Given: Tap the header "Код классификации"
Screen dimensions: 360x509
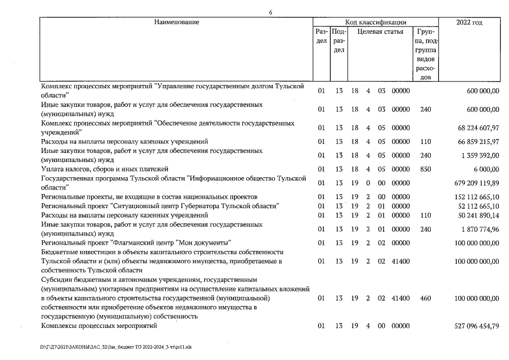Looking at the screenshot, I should [376, 22].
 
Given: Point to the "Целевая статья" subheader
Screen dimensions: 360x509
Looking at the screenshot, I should [380, 32].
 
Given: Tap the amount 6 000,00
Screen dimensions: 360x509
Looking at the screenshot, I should [483, 169].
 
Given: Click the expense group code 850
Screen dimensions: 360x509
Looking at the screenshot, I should [426, 169].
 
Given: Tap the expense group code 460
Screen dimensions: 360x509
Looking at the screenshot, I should [426, 298].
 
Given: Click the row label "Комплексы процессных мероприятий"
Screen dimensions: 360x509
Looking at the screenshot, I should [99, 326].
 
